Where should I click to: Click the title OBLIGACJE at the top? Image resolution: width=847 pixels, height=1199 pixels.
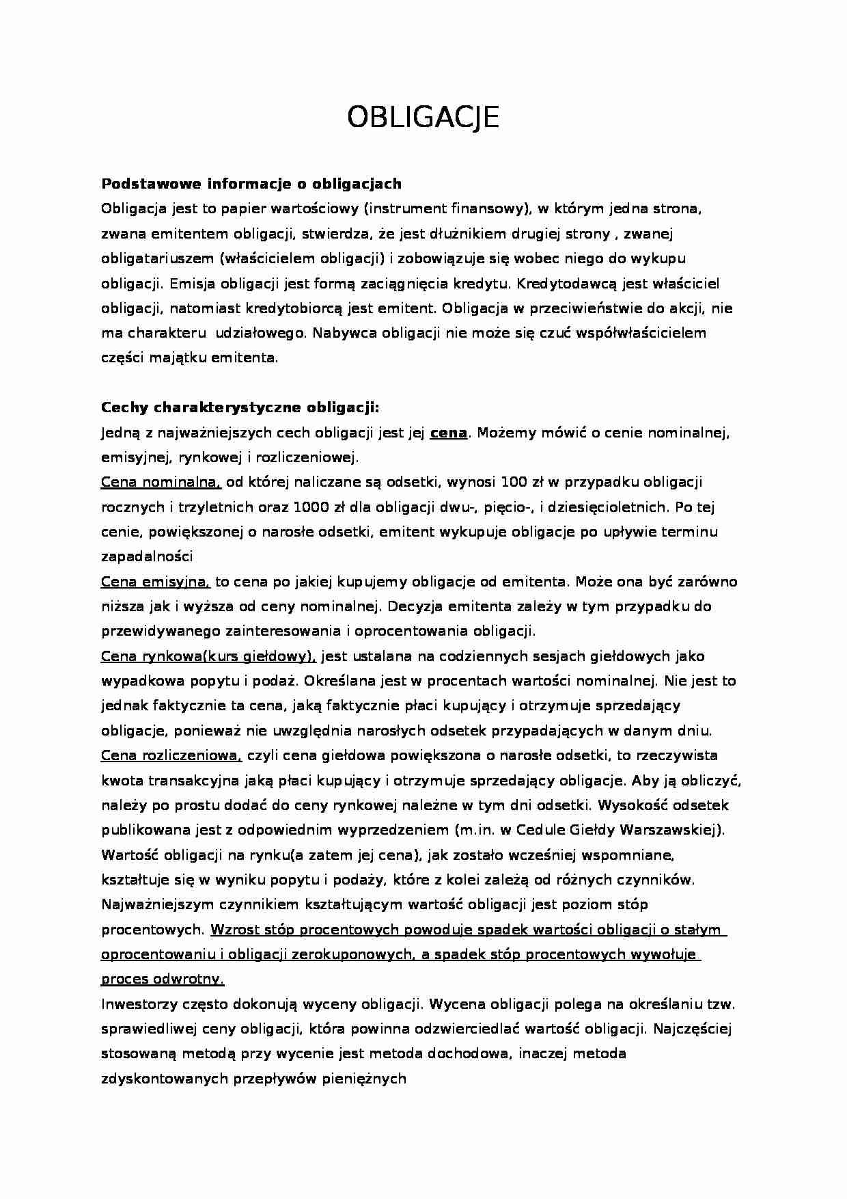click(x=423, y=118)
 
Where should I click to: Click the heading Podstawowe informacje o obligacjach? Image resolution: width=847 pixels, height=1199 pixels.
click(x=251, y=184)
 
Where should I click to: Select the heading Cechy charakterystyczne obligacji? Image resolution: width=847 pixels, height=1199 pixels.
click(x=240, y=408)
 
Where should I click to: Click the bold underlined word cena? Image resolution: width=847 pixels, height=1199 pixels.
click(x=448, y=433)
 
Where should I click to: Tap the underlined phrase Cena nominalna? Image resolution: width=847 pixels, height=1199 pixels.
click(x=161, y=483)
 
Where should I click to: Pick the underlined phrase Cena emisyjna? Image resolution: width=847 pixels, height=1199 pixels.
click(x=156, y=582)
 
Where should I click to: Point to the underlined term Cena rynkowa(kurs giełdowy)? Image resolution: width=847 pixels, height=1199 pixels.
click(x=208, y=656)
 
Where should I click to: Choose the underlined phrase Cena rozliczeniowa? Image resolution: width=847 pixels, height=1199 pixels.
click(x=172, y=755)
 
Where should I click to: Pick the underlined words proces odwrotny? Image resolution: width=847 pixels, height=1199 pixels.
click(x=163, y=980)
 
